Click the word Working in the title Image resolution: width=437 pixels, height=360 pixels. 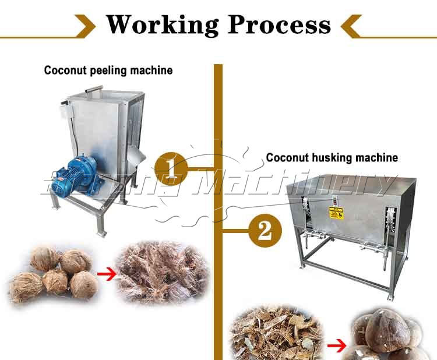pos(163,24)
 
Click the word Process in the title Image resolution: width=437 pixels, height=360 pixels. pos(279,24)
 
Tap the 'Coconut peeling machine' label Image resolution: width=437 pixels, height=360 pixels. pos(108,70)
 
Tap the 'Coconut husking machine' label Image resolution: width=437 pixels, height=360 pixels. pos(332,157)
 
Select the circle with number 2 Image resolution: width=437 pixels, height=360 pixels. pos(265,231)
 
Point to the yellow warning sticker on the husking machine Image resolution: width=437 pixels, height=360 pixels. pos(336,213)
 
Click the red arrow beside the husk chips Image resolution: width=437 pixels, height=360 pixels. pos(334,346)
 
